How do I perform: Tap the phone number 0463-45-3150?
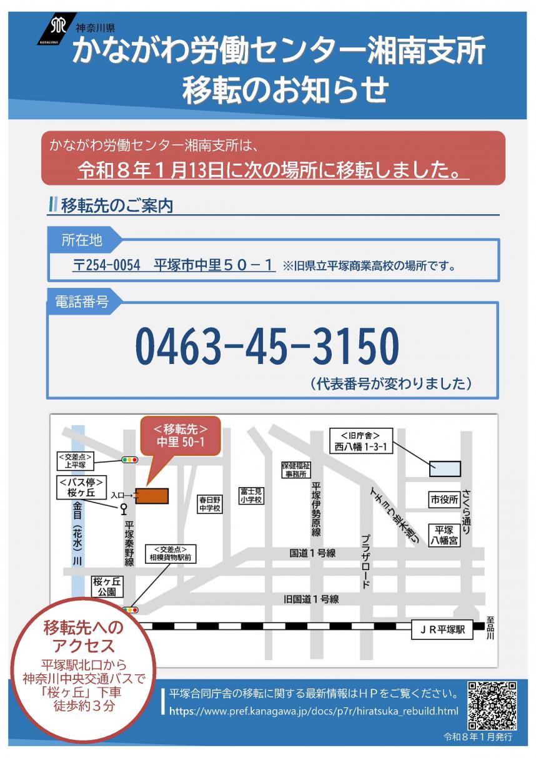click(x=267, y=347)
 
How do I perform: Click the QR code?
click(x=492, y=706)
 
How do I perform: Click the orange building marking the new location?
click(x=152, y=496)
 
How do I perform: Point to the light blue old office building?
click(x=445, y=468)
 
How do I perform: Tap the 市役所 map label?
click(x=444, y=500)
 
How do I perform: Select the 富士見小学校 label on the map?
click(x=251, y=496)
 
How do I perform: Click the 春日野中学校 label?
click(x=210, y=504)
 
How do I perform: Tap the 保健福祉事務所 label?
click(x=295, y=470)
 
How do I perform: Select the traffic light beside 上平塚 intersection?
click(x=129, y=460)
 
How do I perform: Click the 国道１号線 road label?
click(x=313, y=553)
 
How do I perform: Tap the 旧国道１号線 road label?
click(x=311, y=599)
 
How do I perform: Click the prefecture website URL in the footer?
click(x=314, y=711)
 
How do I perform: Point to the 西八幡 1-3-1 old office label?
click(x=360, y=441)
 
